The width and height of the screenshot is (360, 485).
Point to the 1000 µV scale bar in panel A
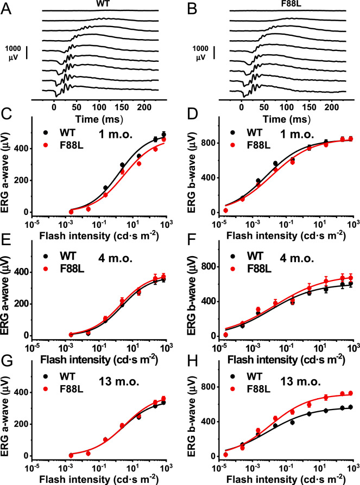[27, 53]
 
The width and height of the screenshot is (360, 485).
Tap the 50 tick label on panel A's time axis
[77, 107]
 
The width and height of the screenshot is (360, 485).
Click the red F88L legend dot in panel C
[46, 145]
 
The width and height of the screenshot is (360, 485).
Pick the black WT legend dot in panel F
[233, 257]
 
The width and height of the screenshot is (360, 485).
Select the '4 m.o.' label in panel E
[116, 258]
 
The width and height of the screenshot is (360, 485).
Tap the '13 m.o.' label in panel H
[300, 381]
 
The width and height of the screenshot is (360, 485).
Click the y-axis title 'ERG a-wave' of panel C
[5, 173]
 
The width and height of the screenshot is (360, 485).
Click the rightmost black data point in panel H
[350, 407]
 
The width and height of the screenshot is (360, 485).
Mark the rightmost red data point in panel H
[350, 393]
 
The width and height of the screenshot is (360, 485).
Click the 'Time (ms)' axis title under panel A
[99, 119]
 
